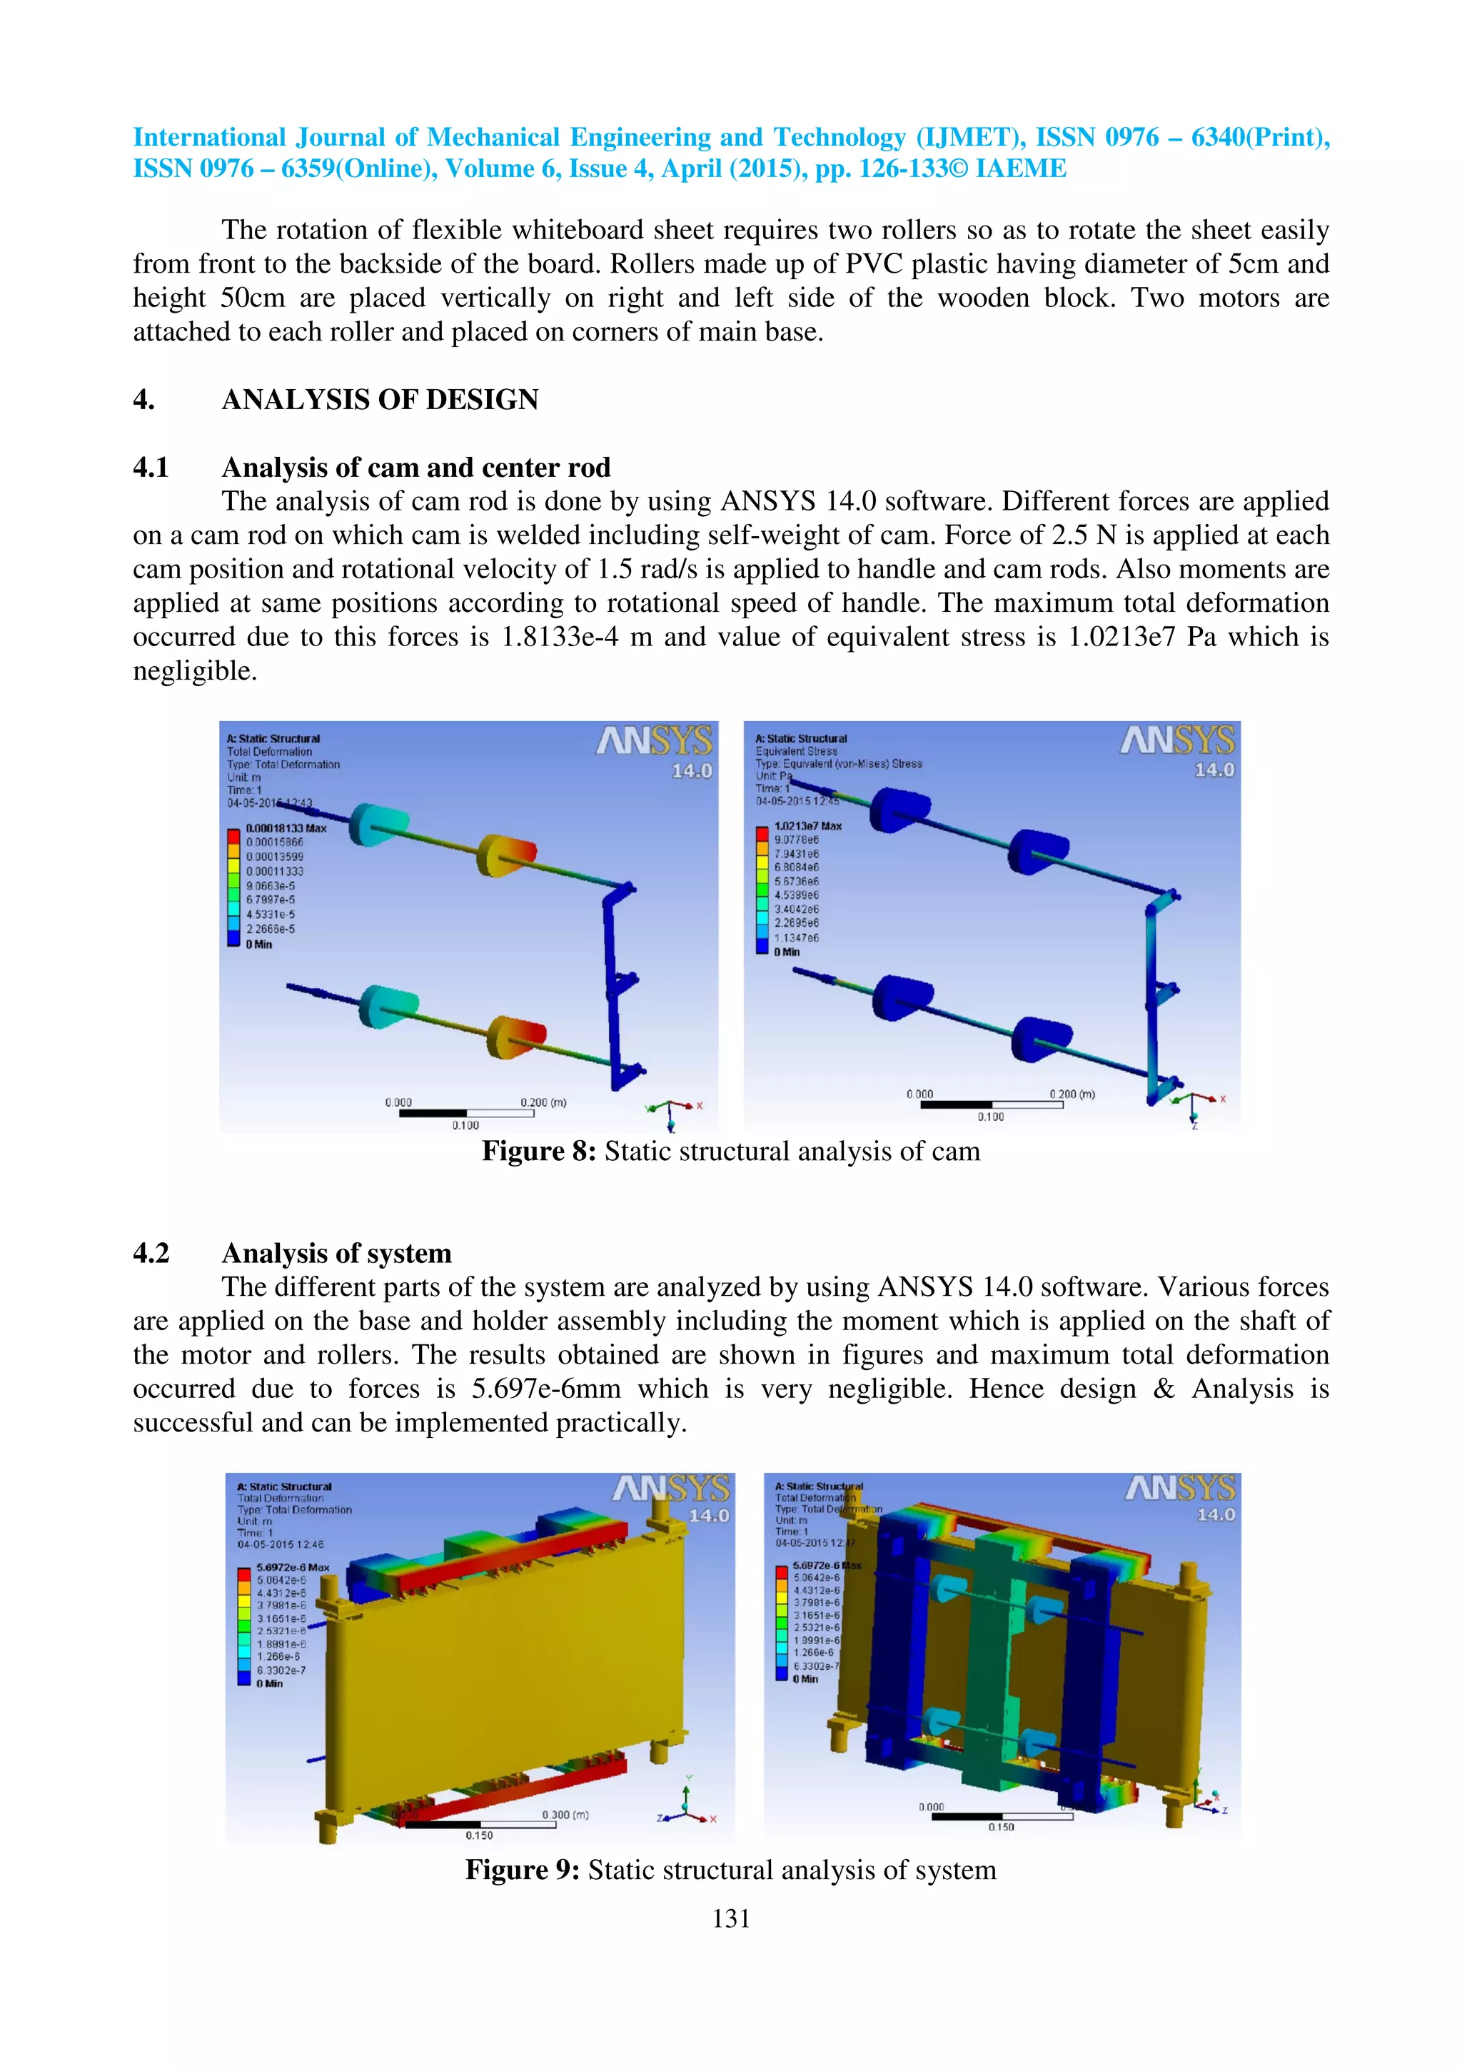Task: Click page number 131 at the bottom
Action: [730, 1918]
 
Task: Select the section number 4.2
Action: [151, 1254]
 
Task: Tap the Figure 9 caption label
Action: [523, 1870]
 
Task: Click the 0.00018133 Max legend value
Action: [286, 828]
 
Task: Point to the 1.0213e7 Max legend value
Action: [808, 825]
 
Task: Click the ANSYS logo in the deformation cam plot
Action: [655, 742]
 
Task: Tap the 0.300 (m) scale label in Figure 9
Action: [565, 1814]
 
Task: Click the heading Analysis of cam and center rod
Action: [415, 468]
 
